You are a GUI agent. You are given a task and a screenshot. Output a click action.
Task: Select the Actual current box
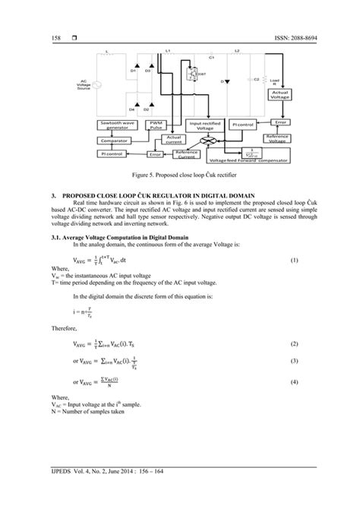[174, 139]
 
